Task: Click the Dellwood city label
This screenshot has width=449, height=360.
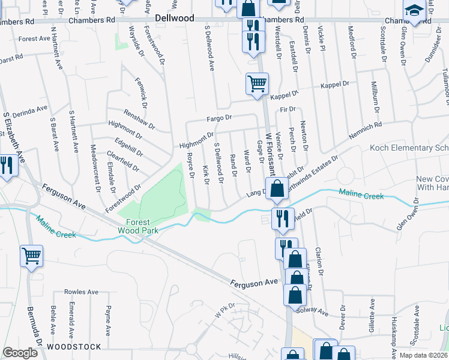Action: pos(175,18)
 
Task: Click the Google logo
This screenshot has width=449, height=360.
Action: pos(20,353)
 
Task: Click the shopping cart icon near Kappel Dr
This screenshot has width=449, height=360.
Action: pos(257,83)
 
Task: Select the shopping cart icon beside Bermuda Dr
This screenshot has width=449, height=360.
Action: pos(31,256)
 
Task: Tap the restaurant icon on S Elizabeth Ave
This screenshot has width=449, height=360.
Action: pos(6,165)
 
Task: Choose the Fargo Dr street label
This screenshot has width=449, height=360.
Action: pos(219,119)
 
